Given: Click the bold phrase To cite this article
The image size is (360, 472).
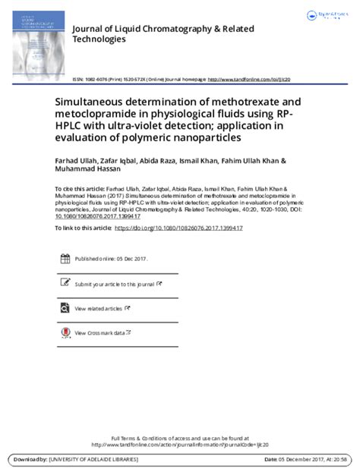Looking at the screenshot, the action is click(x=77, y=187).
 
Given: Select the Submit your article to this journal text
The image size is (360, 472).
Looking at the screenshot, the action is click(x=114, y=284).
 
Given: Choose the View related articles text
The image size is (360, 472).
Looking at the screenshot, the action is click(x=98, y=308).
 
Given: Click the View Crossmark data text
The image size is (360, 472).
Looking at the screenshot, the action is click(x=99, y=332).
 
